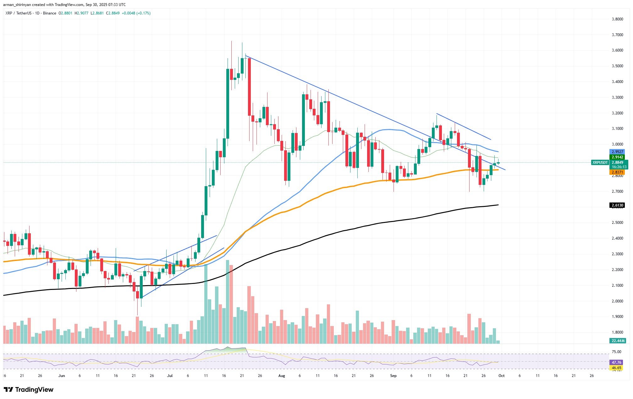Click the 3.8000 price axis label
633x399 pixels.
pyautogui.click(x=617, y=19)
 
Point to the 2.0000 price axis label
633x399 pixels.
pyautogui.click(x=617, y=301)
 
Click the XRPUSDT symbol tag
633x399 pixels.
pyautogui.click(x=600, y=163)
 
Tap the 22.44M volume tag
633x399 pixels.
pyautogui.click(x=617, y=341)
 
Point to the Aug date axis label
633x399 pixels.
pyautogui.click(x=282, y=375)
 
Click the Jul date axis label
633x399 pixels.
pyautogui.click(x=170, y=375)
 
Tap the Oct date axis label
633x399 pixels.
pyautogui.click(x=502, y=375)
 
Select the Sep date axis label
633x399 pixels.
pyautogui.click(x=393, y=375)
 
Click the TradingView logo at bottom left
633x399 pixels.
pyautogui.click(x=29, y=390)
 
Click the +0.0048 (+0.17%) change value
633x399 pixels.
pyautogui.click(x=138, y=13)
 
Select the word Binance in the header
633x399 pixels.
pyautogui.click(x=50, y=13)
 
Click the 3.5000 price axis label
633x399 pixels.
pyautogui.click(x=617, y=66)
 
